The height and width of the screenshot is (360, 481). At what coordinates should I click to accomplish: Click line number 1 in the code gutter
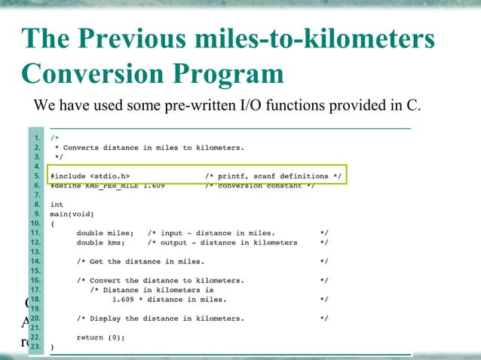(38, 139)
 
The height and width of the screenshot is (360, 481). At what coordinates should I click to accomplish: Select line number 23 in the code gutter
(35, 347)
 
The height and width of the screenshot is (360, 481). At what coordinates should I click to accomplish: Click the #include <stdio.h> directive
(89, 176)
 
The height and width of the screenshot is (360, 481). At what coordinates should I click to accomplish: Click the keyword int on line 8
(57, 204)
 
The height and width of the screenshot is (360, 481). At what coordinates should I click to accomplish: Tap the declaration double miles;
(105, 233)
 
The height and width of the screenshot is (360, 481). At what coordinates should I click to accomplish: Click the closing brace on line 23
(52, 347)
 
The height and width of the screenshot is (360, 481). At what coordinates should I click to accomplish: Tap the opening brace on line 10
(52, 224)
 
